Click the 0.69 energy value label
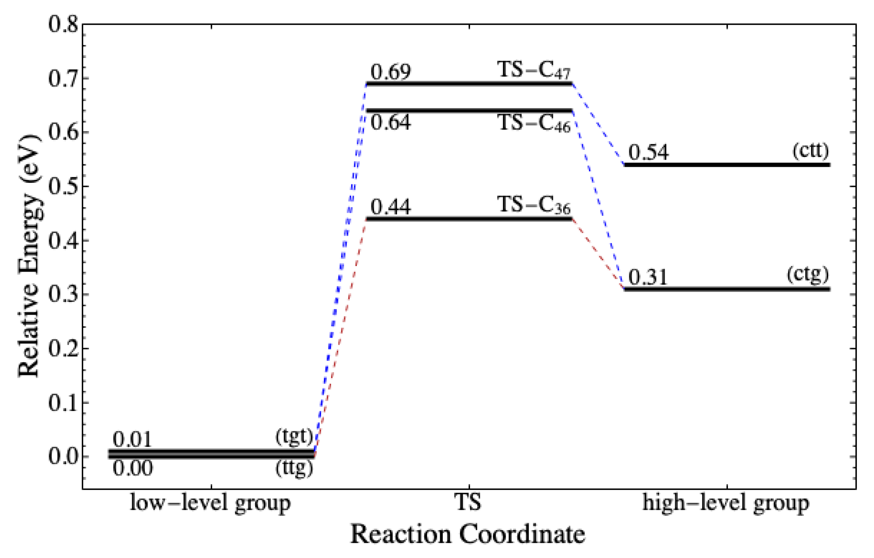[x=391, y=72]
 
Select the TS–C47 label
[x=534, y=70]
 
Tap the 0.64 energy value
[x=391, y=123]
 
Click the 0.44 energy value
[x=391, y=207]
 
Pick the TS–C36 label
[x=534, y=205]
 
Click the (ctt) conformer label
[x=810, y=150]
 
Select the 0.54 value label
[x=648, y=152]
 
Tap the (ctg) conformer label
[x=808, y=275]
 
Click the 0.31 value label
[x=648, y=277]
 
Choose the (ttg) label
[x=294, y=468]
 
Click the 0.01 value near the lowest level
[x=132, y=440]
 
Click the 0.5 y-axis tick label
[x=63, y=187]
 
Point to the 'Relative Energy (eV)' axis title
[x=29, y=256]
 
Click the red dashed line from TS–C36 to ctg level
[x=598, y=254]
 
